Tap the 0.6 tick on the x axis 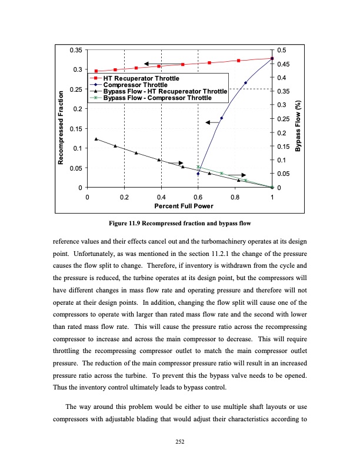pyautogui.click(x=198, y=197)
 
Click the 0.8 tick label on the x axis pyautogui.click(x=235, y=197)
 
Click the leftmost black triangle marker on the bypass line pyautogui.click(x=96, y=139)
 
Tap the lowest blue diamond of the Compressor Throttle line pyautogui.click(x=198, y=174)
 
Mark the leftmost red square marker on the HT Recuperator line pyautogui.click(x=96, y=71)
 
